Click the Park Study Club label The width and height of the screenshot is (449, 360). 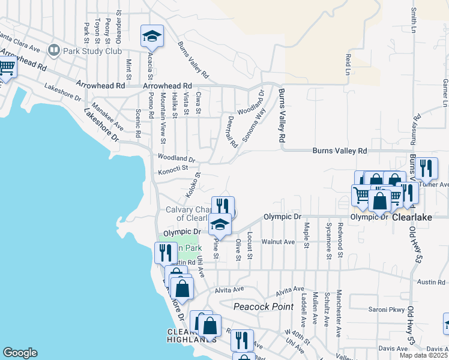click(x=94, y=50)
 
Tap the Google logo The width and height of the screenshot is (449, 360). click(x=20, y=353)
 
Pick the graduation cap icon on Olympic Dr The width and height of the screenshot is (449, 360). click(x=220, y=224)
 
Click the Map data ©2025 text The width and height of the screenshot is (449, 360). click(x=424, y=355)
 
